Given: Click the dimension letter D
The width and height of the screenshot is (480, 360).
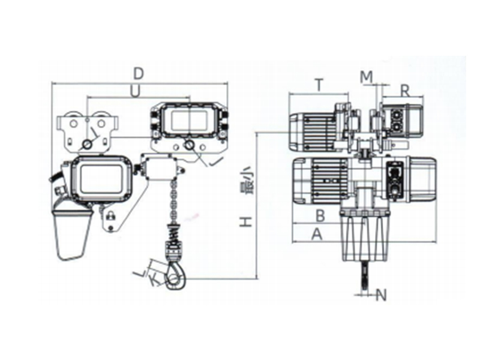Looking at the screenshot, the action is tap(139, 73).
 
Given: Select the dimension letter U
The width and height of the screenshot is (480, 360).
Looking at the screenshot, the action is tap(134, 91).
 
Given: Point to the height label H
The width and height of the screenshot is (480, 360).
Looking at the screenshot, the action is tap(246, 222).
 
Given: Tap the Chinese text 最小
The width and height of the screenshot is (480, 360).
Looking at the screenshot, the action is tap(246, 181).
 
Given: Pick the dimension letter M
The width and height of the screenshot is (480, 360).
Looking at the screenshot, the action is tap(367, 77).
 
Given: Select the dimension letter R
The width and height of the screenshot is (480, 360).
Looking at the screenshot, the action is tap(404, 91).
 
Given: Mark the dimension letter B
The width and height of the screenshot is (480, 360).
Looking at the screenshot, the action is tap(320, 216).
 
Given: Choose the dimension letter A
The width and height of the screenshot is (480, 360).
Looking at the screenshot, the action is tap(317, 235).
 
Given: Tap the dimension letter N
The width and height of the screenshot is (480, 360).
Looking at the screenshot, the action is tap(381, 295).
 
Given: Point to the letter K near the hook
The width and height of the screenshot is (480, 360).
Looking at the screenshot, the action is tap(155, 280).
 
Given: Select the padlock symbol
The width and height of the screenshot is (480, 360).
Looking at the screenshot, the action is tap(110, 215).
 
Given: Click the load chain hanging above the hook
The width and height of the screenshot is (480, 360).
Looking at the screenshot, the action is tap(174, 202).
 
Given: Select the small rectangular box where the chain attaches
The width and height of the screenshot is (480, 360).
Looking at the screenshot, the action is tap(161, 168).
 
